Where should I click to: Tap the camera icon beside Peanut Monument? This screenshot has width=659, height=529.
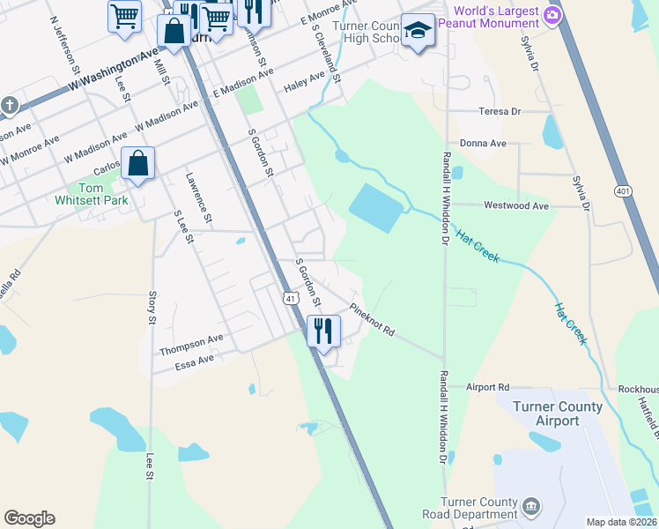[x=553, y=14]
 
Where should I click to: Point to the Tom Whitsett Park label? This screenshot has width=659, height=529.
[x=103, y=194]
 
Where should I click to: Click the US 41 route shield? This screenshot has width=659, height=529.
[x=289, y=298]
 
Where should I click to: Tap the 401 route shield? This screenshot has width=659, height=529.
[x=624, y=190]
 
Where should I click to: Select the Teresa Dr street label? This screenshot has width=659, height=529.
[x=500, y=112]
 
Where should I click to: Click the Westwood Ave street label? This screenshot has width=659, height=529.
[x=516, y=205]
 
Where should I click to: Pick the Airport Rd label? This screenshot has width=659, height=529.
[x=488, y=387]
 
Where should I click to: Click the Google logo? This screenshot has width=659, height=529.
[x=29, y=518]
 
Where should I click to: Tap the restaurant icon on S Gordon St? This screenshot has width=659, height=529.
[x=322, y=332]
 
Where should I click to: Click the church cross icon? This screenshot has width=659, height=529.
[x=10, y=107]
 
